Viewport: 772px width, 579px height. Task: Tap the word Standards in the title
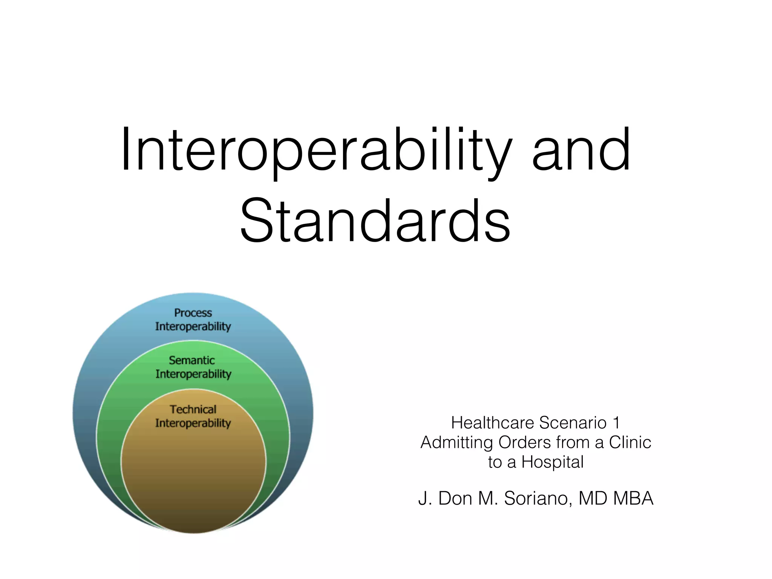pos(375,221)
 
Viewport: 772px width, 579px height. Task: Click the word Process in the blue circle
pos(193,313)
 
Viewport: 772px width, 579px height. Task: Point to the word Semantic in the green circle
pos(192,360)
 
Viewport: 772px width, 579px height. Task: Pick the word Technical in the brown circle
pos(193,409)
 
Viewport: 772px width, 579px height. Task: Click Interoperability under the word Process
pos(193,326)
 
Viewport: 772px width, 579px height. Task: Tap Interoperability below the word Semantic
pos(193,374)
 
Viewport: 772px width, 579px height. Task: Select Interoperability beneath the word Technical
pos(193,423)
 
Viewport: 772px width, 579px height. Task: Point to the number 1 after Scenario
pos(616,423)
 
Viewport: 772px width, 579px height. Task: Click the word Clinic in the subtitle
pos(630,443)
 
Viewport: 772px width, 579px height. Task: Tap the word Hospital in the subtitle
pos(552,462)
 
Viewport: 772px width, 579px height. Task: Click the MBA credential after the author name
pos(633,498)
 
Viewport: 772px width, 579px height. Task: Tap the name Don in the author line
pos(455,498)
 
